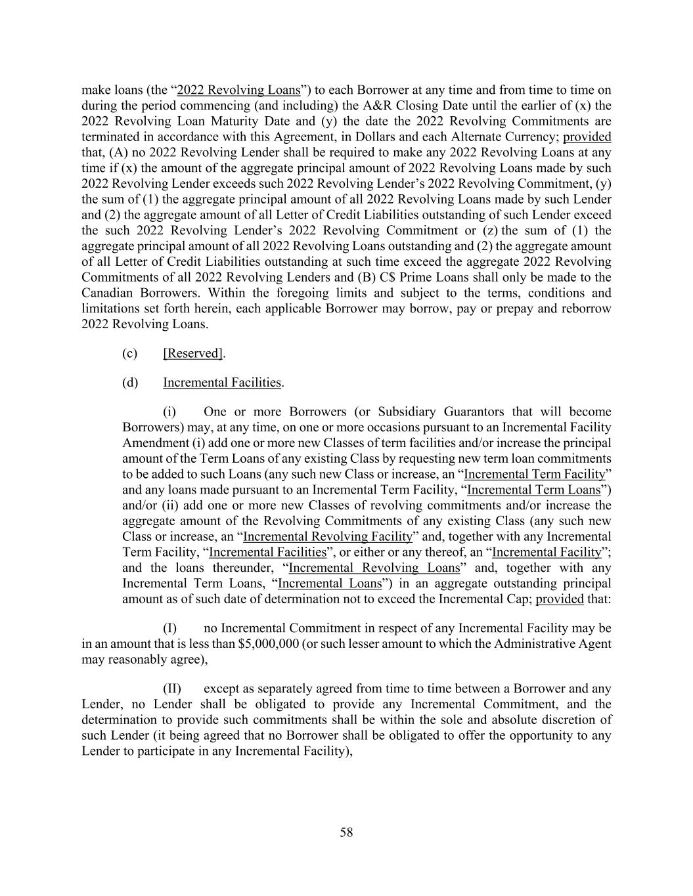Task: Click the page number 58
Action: pos(346,832)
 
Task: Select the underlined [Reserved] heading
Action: pos(192,353)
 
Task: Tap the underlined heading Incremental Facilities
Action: pos(222,382)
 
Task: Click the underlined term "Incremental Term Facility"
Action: pos(534,474)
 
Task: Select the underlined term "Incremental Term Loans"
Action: pos(533,490)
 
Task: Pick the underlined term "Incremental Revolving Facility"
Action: pos(327,536)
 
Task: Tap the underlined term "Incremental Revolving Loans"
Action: pos(374,568)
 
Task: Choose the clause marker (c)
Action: pos(129,353)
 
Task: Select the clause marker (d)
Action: pos(129,382)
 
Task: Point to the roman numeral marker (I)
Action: pos(171,628)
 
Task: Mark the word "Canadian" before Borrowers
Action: pos(105,293)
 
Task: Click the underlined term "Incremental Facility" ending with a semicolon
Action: pos(547,552)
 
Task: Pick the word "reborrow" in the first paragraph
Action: pos(587,309)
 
